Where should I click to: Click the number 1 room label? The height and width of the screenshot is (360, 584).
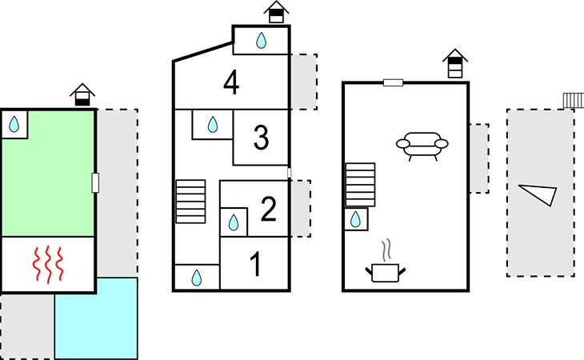pos(255,265)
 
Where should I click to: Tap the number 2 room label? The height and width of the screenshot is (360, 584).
pos(269,210)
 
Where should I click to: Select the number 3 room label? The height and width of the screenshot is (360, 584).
pos(261,138)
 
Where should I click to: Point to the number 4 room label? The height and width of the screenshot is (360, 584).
pos(231,83)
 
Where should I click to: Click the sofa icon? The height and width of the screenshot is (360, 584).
pos(423,146)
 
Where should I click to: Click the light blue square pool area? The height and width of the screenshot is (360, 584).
pos(96,318)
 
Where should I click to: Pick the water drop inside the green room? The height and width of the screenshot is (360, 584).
pos(14,124)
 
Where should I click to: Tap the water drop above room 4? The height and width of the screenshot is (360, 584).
pos(262,41)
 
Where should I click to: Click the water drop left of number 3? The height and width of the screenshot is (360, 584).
pos(213,125)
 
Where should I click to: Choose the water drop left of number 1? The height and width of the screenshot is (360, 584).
pos(197,277)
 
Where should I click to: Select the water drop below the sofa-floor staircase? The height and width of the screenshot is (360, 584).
pos(357,219)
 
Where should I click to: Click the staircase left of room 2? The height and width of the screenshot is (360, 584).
pos(190,200)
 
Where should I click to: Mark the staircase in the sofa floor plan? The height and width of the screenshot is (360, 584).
pos(360,184)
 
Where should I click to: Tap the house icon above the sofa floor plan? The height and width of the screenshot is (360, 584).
pos(454,64)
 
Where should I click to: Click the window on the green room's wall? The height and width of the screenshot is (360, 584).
pos(95,182)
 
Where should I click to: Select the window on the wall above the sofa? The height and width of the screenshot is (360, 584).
pos(393,82)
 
